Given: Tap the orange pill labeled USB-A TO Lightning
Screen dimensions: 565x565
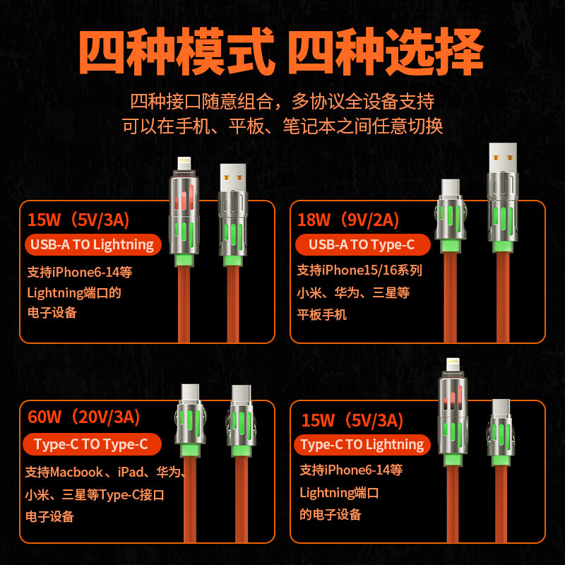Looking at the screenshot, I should tap(92, 245).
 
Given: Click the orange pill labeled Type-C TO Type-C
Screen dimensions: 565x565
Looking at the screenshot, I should tap(90, 444).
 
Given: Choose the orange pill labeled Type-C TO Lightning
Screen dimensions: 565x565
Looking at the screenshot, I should tap(362, 444).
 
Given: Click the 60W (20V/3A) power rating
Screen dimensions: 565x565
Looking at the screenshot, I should tap(84, 417).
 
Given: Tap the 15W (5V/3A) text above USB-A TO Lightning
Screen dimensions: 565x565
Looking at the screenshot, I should tap(78, 220).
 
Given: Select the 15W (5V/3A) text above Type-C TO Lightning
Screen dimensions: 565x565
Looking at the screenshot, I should tap(352, 421).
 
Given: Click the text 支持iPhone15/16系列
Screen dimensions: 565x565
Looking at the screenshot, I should tap(359, 270).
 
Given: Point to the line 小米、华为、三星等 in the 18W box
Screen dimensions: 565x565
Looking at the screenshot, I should tap(353, 292).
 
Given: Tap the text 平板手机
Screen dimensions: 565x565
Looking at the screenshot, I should tap(322, 315).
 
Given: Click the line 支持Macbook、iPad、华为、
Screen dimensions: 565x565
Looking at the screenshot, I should tap(105, 472).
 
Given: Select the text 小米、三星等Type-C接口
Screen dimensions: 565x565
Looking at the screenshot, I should tap(95, 494).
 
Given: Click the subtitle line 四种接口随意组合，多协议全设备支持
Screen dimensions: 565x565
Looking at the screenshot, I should tap(282, 100).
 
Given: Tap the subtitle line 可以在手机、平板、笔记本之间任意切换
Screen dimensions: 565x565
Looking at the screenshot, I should tap(282, 126).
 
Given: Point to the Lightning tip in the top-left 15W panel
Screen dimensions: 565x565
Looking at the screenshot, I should tap(184, 164).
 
